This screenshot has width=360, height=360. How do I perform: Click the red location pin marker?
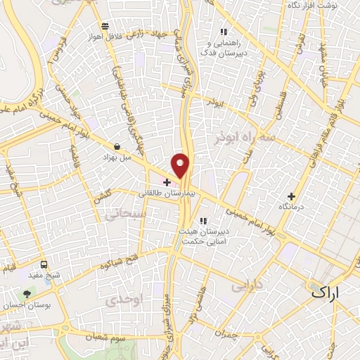(181, 165)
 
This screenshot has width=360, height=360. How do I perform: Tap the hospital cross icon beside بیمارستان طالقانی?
(167, 182)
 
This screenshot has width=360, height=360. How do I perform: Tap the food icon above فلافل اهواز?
(104, 26)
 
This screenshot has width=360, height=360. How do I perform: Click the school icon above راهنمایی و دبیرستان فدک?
(224, 32)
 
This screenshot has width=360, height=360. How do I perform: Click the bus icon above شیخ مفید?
(44, 265)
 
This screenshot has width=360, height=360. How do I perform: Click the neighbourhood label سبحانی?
(124, 213)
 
